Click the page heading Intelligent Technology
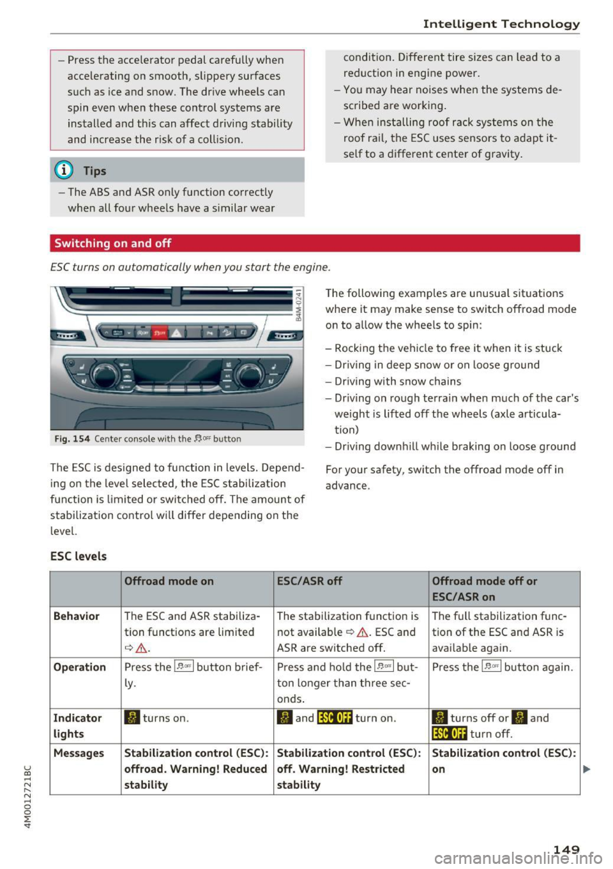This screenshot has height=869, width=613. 501,24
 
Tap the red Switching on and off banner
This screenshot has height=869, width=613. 113,243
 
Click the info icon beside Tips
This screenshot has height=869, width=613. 65,170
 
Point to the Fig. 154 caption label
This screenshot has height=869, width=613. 71,439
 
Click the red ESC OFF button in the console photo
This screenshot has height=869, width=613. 159,333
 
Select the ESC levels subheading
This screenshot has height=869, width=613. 79,556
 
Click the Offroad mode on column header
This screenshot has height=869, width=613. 169,581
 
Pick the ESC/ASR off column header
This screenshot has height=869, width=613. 310,581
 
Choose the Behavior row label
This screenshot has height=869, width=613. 77,616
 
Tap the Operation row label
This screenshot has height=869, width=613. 80,667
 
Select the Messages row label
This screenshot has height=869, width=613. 79,753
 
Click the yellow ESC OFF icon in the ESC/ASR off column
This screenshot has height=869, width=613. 335,718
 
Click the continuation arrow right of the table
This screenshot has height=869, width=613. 587,769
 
